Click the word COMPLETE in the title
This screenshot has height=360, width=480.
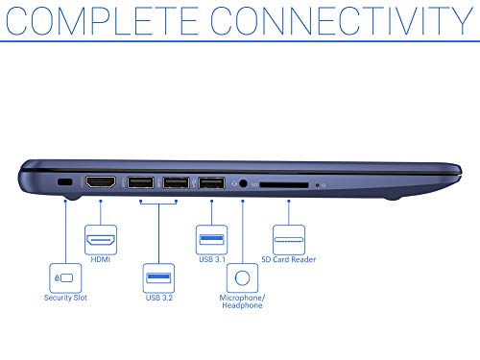coord(102,20)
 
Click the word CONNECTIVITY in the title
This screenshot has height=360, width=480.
coord(342,20)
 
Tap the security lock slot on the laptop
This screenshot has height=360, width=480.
coord(64,182)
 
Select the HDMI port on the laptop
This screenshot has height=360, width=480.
coord(101,181)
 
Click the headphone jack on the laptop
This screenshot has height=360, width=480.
coord(243,183)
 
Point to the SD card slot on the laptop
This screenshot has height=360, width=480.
coord(284,185)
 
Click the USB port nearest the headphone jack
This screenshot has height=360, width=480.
coord(211,183)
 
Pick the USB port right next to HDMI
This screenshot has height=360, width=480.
coord(140,182)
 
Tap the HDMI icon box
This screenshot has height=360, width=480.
coord(101,240)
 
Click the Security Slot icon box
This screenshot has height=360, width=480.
coord(65,277)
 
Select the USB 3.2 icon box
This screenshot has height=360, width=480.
coord(158,277)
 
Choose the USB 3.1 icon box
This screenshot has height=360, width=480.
coord(211,240)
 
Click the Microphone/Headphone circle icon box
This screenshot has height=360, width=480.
coord(242,277)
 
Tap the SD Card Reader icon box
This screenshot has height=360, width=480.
coord(289,240)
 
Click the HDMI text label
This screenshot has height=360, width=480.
coord(101,259)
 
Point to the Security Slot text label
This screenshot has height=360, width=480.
coord(65,298)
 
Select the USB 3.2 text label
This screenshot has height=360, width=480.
coord(159,298)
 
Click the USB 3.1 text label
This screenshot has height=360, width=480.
coord(212,259)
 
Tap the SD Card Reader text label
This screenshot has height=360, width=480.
coord(289,259)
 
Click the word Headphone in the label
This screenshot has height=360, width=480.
coord(242,305)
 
